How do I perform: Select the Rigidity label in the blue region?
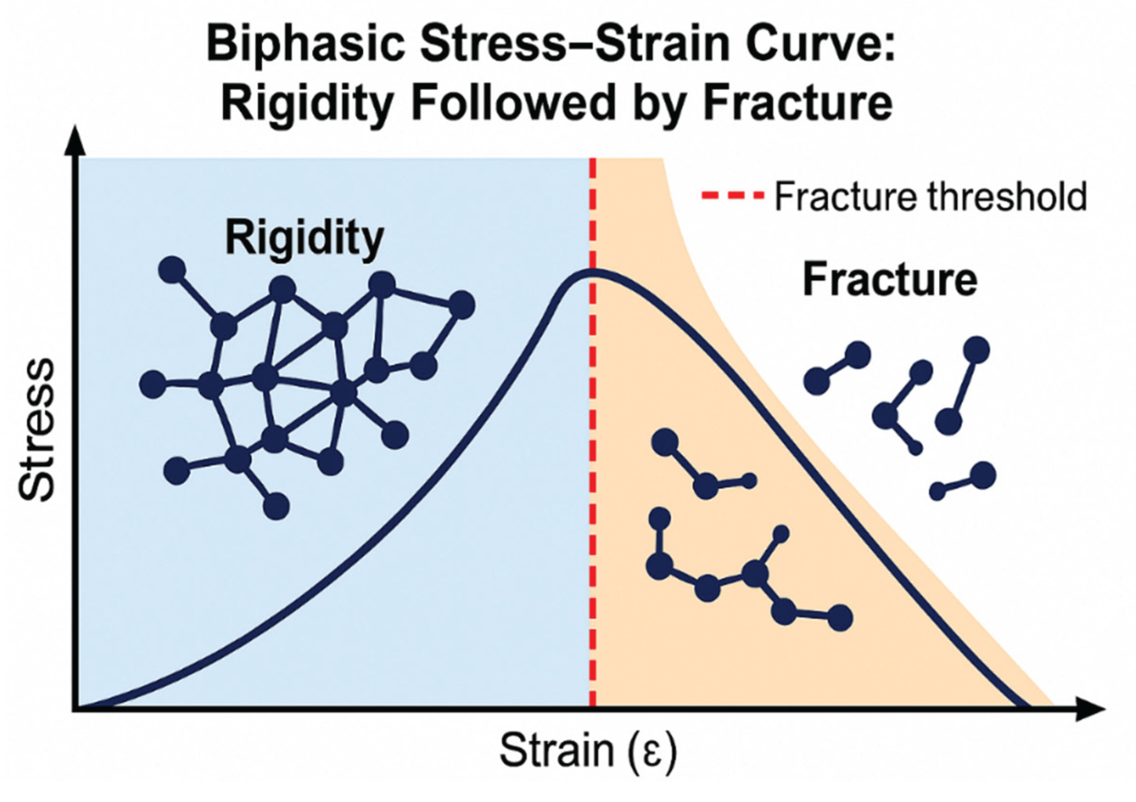[x=305, y=238]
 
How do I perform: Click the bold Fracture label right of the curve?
[x=889, y=280]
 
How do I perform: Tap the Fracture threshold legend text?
[x=931, y=197]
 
